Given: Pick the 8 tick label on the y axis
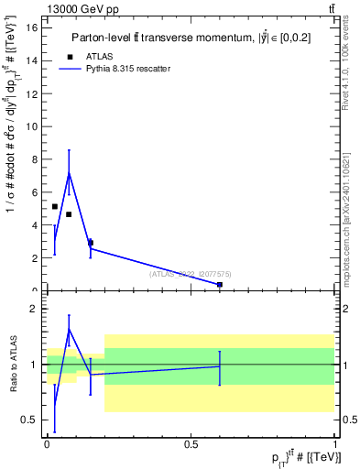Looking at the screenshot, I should tap(34, 159).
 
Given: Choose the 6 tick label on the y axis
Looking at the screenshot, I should tap(34, 192).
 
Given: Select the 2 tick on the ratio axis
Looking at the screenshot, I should tap(34, 309).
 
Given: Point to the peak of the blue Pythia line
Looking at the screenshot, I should tap(69, 172).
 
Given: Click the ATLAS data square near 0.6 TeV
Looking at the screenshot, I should tap(220, 285).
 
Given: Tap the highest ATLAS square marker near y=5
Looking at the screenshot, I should tap(55, 207).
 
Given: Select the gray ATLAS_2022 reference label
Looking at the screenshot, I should tap(191, 273).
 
